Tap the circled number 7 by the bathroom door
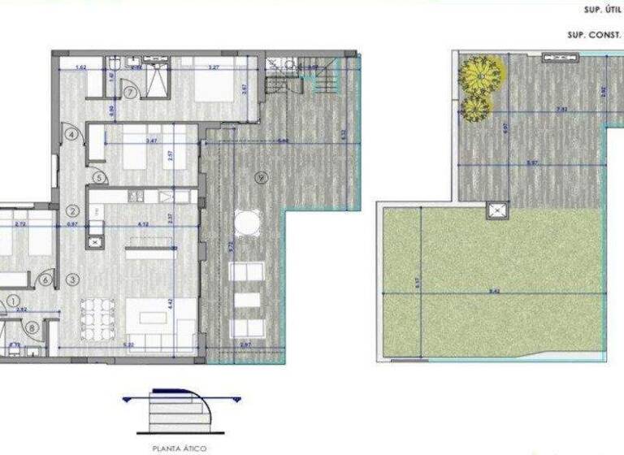131,92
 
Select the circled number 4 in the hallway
72,134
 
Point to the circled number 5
97,176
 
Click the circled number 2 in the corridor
72,210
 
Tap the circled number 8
31,328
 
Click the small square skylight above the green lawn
496,210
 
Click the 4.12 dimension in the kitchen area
143,223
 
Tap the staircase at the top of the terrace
314,78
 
